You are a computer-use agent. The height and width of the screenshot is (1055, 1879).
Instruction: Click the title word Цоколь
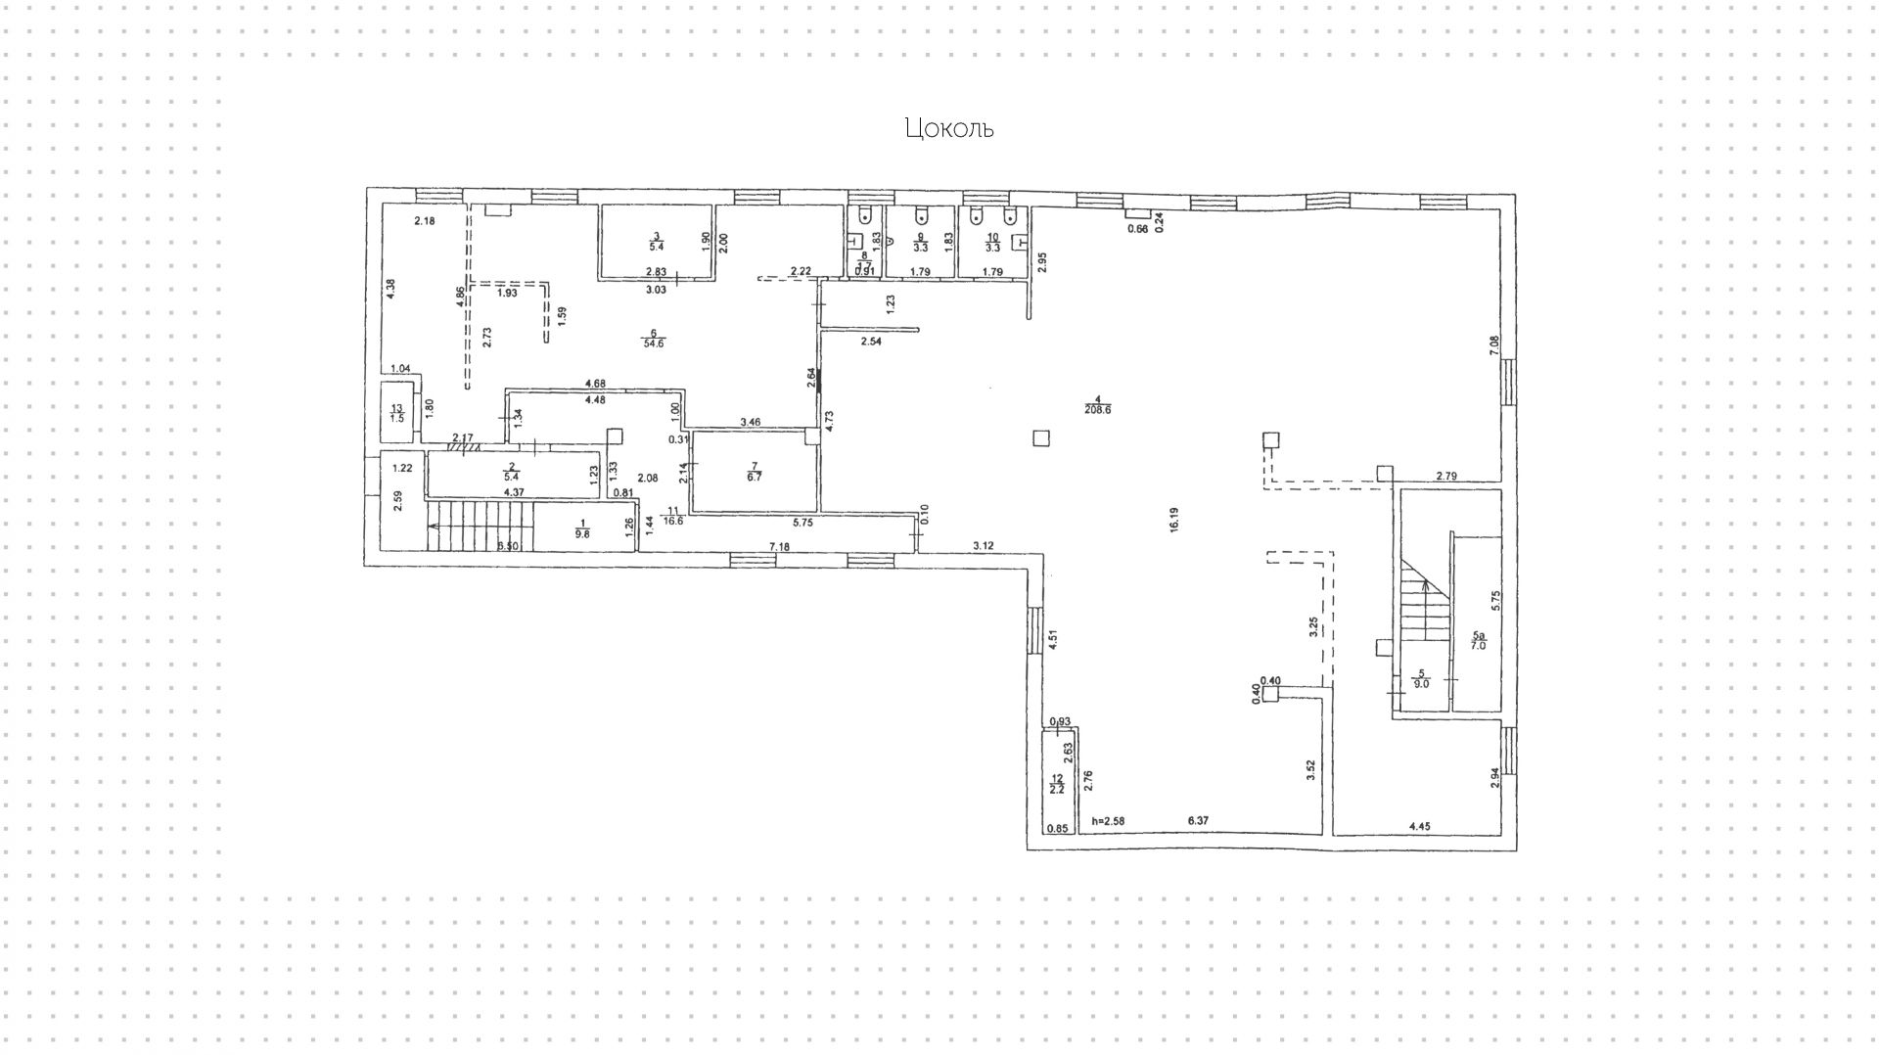pyautogui.click(x=948, y=128)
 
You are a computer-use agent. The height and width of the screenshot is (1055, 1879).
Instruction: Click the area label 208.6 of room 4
pyautogui.click(x=1097, y=410)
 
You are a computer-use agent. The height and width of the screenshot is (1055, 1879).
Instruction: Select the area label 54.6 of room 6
pyautogui.click(x=653, y=343)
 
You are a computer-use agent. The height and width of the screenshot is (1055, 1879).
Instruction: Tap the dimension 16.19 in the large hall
pyautogui.click(x=1173, y=520)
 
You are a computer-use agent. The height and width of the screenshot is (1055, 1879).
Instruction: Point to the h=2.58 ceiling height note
pyautogui.click(x=1110, y=821)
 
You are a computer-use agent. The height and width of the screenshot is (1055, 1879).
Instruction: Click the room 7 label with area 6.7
pyautogui.click(x=754, y=472)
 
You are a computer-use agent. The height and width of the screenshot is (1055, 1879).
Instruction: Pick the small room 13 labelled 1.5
pyautogui.click(x=396, y=413)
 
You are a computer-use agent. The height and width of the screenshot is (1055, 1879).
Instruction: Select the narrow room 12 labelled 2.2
pyautogui.click(x=1056, y=783)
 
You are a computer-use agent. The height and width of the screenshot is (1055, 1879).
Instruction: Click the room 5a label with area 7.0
pyautogui.click(x=1478, y=640)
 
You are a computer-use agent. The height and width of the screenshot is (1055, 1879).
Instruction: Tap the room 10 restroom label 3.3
pyautogui.click(x=992, y=243)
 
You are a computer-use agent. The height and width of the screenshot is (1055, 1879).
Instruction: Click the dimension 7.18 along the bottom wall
pyautogui.click(x=779, y=545)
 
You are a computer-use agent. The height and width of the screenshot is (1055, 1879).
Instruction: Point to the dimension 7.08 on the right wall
pyautogui.click(x=1492, y=345)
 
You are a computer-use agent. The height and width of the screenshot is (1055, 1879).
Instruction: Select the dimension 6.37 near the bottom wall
pyautogui.click(x=1198, y=821)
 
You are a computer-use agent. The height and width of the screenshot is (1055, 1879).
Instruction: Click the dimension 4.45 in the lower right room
pyautogui.click(x=1419, y=827)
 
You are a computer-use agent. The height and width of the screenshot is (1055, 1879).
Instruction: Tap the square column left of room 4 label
pyautogui.click(x=1041, y=437)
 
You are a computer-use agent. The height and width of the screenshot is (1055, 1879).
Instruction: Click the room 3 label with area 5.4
pyautogui.click(x=657, y=242)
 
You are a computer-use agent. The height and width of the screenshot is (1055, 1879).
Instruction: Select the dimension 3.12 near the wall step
pyautogui.click(x=983, y=545)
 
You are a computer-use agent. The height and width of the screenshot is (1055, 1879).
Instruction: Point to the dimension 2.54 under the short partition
pyautogui.click(x=871, y=342)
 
